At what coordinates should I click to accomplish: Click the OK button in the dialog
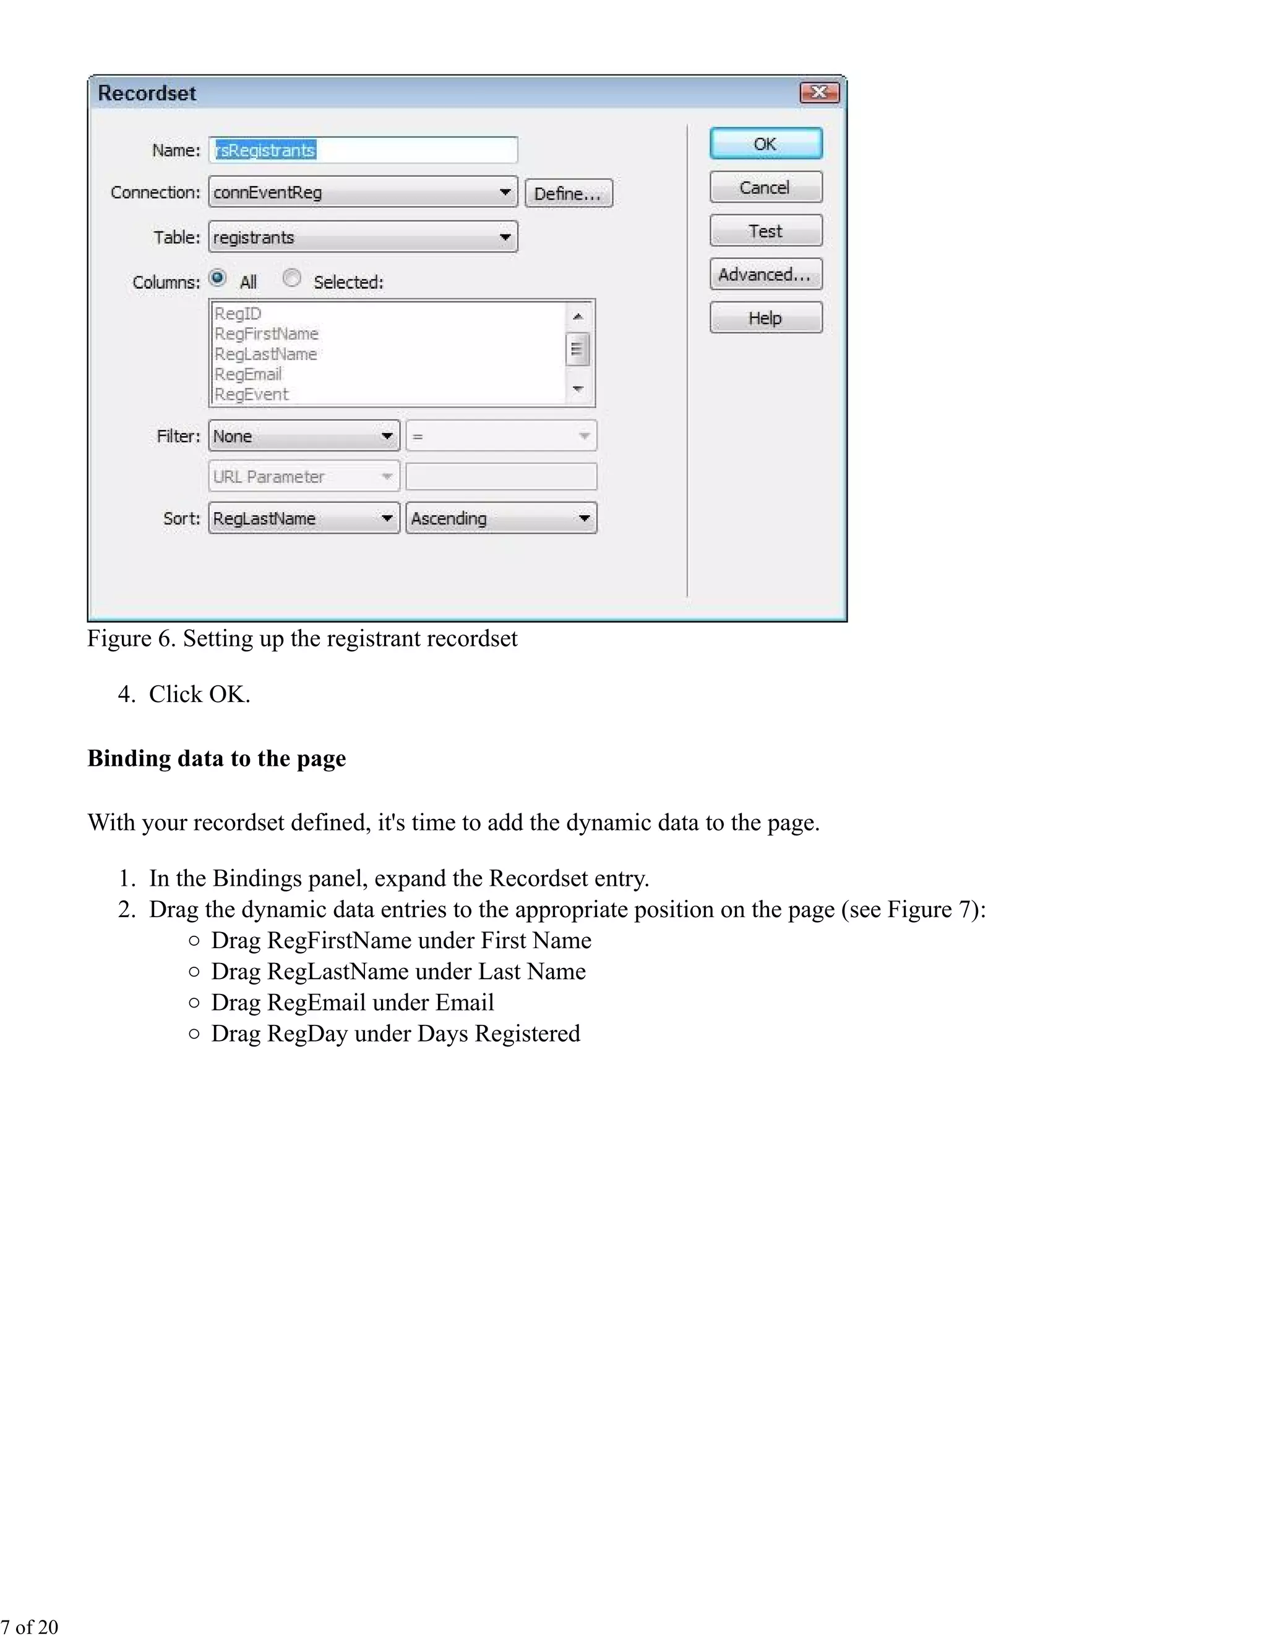coord(766,143)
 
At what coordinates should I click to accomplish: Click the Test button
coord(766,231)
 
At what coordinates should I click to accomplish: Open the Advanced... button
coord(766,274)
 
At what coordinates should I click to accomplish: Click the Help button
coord(766,317)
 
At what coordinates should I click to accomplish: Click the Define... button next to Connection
coord(568,193)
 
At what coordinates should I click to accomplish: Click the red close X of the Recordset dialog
coord(819,92)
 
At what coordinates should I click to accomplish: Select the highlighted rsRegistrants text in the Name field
coord(265,150)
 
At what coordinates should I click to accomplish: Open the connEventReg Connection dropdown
coord(363,192)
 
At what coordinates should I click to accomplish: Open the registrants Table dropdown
coord(363,237)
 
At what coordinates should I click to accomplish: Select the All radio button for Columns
coord(218,278)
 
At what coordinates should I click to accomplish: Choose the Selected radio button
coord(292,278)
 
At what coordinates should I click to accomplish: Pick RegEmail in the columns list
coord(249,374)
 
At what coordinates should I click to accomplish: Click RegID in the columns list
coord(238,313)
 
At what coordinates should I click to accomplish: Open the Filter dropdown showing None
coord(303,436)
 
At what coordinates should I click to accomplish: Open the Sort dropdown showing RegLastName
coord(303,518)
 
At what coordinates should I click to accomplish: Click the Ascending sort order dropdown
coord(500,518)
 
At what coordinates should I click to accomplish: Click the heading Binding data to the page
coord(217,758)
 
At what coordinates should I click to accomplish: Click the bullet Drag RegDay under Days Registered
coord(395,1033)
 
